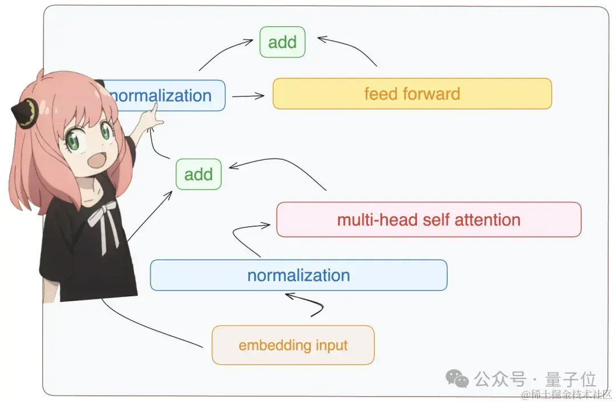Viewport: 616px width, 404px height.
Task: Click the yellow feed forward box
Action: (x=412, y=94)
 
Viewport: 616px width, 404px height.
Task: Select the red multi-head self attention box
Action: (x=428, y=220)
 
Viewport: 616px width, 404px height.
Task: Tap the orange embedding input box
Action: (x=293, y=345)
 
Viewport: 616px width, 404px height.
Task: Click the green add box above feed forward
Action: (x=282, y=42)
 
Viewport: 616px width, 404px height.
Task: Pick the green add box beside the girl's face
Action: (x=198, y=174)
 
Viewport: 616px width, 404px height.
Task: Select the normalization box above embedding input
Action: (x=298, y=275)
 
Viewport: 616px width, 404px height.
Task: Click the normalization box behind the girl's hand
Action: (x=165, y=95)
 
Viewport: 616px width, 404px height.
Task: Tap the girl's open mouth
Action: (x=92, y=160)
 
